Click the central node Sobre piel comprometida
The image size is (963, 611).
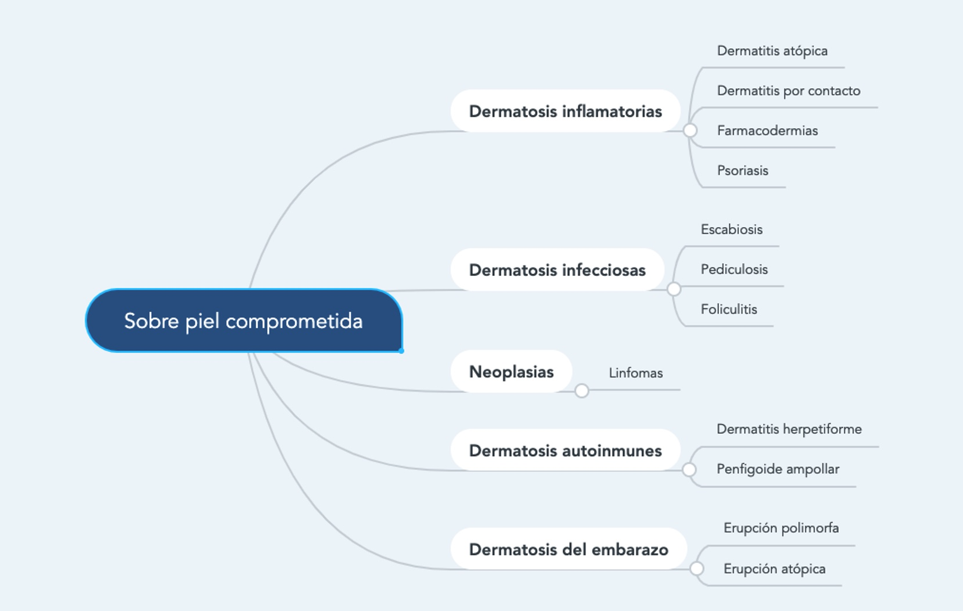(x=244, y=321)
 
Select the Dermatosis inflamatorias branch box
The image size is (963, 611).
(x=565, y=111)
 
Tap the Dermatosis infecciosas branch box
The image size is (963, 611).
(x=557, y=269)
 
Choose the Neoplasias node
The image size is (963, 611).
(x=511, y=372)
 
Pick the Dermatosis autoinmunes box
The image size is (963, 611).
(x=565, y=450)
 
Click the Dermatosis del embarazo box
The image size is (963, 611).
(x=569, y=549)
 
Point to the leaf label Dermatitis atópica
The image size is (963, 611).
(x=772, y=51)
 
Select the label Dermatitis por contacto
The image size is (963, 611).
(x=788, y=91)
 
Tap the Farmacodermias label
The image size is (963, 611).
(x=767, y=131)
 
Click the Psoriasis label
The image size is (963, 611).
(x=742, y=171)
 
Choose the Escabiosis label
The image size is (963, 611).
(x=732, y=229)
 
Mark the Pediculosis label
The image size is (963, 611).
(x=734, y=269)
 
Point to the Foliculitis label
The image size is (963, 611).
(x=729, y=310)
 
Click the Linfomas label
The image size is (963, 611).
(x=636, y=373)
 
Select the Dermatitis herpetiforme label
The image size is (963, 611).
(x=789, y=429)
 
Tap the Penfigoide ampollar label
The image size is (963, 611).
(x=778, y=469)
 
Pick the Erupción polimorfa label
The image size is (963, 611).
(x=781, y=528)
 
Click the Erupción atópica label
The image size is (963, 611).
(x=774, y=569)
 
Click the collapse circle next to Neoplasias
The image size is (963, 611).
(x=581, y=391)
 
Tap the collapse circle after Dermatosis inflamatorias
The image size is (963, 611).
(x=690, y=130)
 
